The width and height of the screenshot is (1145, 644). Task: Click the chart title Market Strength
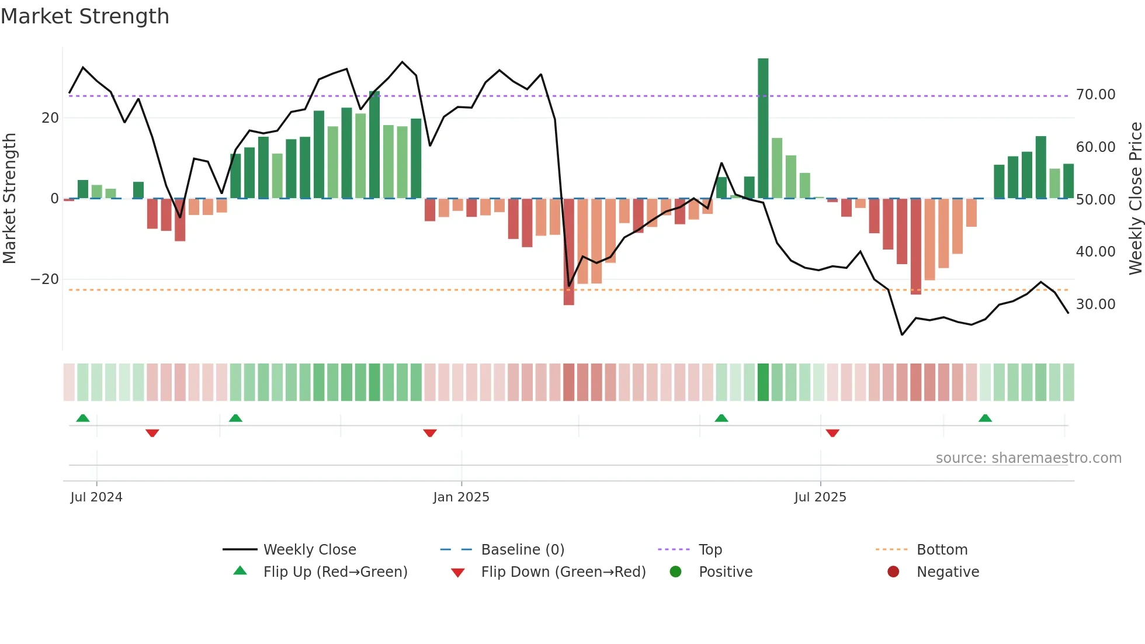[85, 16]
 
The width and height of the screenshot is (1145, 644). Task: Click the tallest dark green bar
[763, 129]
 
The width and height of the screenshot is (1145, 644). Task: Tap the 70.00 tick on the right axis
[1095, 95]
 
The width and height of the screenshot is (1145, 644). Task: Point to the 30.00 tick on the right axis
[1095, 304]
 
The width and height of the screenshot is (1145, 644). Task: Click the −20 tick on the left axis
[45, 279]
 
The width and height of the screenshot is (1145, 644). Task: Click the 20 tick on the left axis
[50, 118]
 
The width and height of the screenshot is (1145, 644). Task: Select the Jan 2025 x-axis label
[461, 497]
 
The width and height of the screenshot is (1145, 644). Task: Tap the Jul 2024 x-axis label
[96, 497]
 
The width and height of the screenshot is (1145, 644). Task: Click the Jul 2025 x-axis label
[820, 497]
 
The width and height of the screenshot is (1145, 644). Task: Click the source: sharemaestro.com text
[1028, 458]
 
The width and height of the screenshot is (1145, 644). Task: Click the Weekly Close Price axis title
[1135, 199]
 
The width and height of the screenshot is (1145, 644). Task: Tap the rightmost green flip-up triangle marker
[985, 418]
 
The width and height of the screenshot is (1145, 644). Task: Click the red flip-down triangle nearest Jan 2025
[430, 433]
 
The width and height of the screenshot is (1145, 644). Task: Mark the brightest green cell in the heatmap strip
[763, 382]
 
